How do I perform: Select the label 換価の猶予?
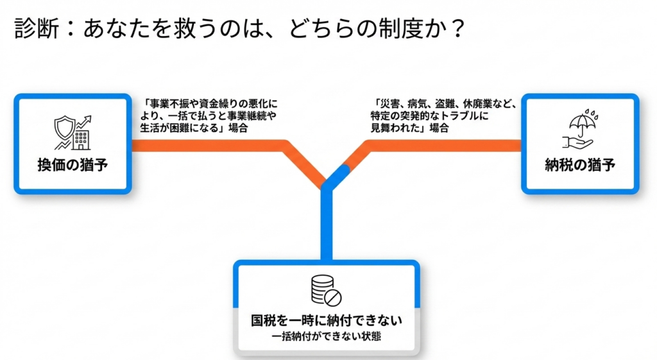73,165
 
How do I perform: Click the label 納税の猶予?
580,165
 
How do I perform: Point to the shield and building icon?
73,132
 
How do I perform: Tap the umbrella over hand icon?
580,129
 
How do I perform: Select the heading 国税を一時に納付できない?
327,320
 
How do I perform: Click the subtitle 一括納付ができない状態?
327,336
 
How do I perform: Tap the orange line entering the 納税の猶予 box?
444,146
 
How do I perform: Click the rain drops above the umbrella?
592,114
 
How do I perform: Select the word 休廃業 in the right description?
479,103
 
